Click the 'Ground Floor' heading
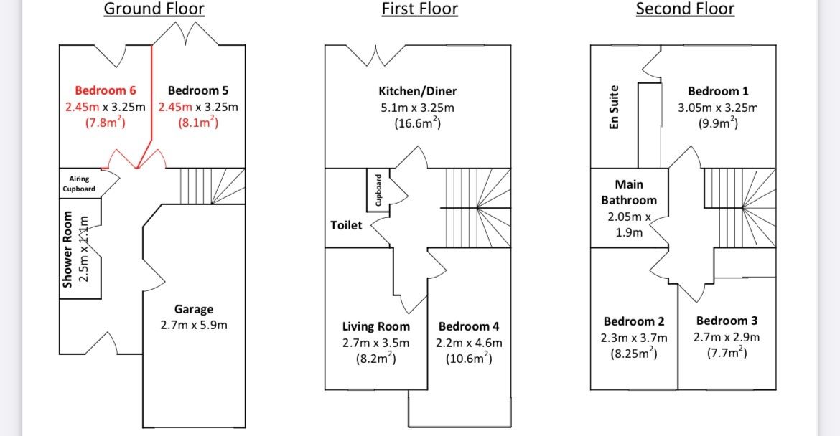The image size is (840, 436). (154, 9)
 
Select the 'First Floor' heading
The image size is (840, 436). (419, 9)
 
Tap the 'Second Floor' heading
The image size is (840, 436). (685, 9)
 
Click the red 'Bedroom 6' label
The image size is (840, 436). (106, 90)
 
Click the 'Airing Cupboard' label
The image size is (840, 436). (79, 184)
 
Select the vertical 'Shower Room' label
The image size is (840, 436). (68, 250)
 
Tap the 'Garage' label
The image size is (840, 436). (194, 309)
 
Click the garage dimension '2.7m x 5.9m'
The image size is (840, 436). (194, 326)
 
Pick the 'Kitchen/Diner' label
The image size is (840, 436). (418, 91)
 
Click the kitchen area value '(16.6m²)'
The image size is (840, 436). (418, 123)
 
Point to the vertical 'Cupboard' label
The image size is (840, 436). (378, 189)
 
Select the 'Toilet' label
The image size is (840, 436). (346, 225)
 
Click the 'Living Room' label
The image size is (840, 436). (376, 326)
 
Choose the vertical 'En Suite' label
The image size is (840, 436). (614, 108)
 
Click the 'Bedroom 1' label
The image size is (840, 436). (718, 91)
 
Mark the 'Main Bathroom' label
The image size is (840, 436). (629, 192)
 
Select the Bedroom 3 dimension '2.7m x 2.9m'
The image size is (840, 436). (727, 337)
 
